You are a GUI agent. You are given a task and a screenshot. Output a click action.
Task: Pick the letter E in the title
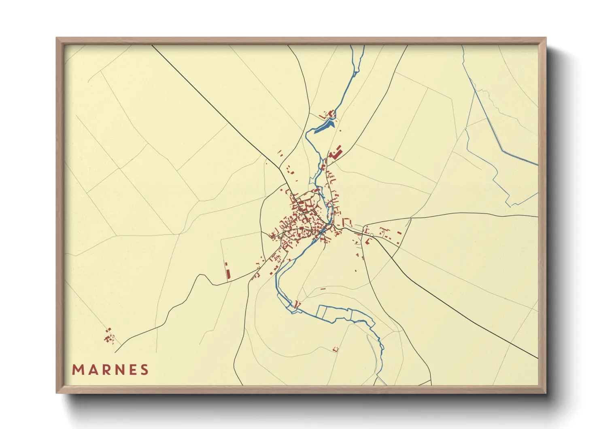click(132, 370)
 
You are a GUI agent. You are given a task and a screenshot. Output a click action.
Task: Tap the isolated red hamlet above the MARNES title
click(108, 336)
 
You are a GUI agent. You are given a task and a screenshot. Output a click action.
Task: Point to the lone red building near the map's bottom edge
click(335, 349)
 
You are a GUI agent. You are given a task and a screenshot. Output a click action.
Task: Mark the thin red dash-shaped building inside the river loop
click(323, 289)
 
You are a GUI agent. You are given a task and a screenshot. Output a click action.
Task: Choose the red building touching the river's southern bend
click(298, 304)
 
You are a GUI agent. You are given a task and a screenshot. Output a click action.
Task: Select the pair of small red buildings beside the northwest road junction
click(280, 153)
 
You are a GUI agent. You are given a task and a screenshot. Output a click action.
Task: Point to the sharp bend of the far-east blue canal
click(503, 151)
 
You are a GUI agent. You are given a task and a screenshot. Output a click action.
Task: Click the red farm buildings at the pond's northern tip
click(331, 114)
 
